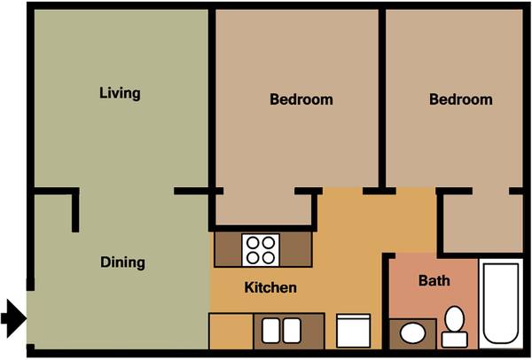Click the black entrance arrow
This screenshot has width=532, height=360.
pos(13,318)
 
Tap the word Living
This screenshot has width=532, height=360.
pos(120,93)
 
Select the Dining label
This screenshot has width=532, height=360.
pos(122,262)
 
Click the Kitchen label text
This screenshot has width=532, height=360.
pos(270,287)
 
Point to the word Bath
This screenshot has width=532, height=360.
pos(434,280)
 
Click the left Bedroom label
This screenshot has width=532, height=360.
pos(301,99)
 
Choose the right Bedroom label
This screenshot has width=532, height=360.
pos(461,99)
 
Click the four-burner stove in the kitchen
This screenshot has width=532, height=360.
pos(261,250)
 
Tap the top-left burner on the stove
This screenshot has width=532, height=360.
pos(253,243)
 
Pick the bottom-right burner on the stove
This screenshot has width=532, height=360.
pos(269,258)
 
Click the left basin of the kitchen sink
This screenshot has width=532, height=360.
pos(271,331)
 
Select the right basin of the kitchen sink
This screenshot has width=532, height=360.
pos(292,331)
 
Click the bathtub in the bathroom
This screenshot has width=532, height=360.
pos(501,303)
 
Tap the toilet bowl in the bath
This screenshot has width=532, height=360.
pos(455,318)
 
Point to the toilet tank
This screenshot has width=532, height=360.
pos(455,340)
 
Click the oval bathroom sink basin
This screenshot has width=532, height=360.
pos(412,333)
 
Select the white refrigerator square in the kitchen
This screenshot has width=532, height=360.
pos(353,331)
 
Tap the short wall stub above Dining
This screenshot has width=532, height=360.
pos(75,211)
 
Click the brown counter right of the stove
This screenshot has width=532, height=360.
pos(295,249)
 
